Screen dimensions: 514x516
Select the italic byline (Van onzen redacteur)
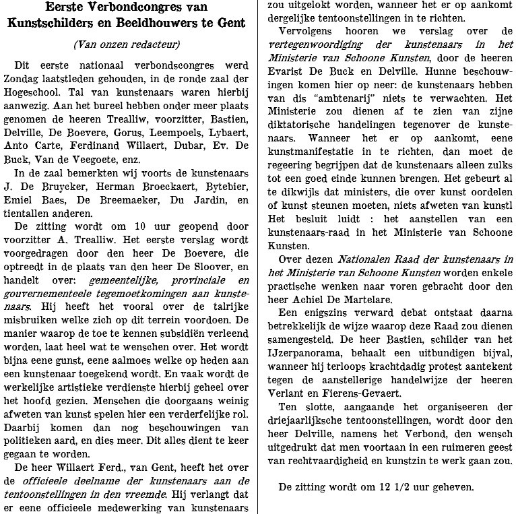[127, 45]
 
